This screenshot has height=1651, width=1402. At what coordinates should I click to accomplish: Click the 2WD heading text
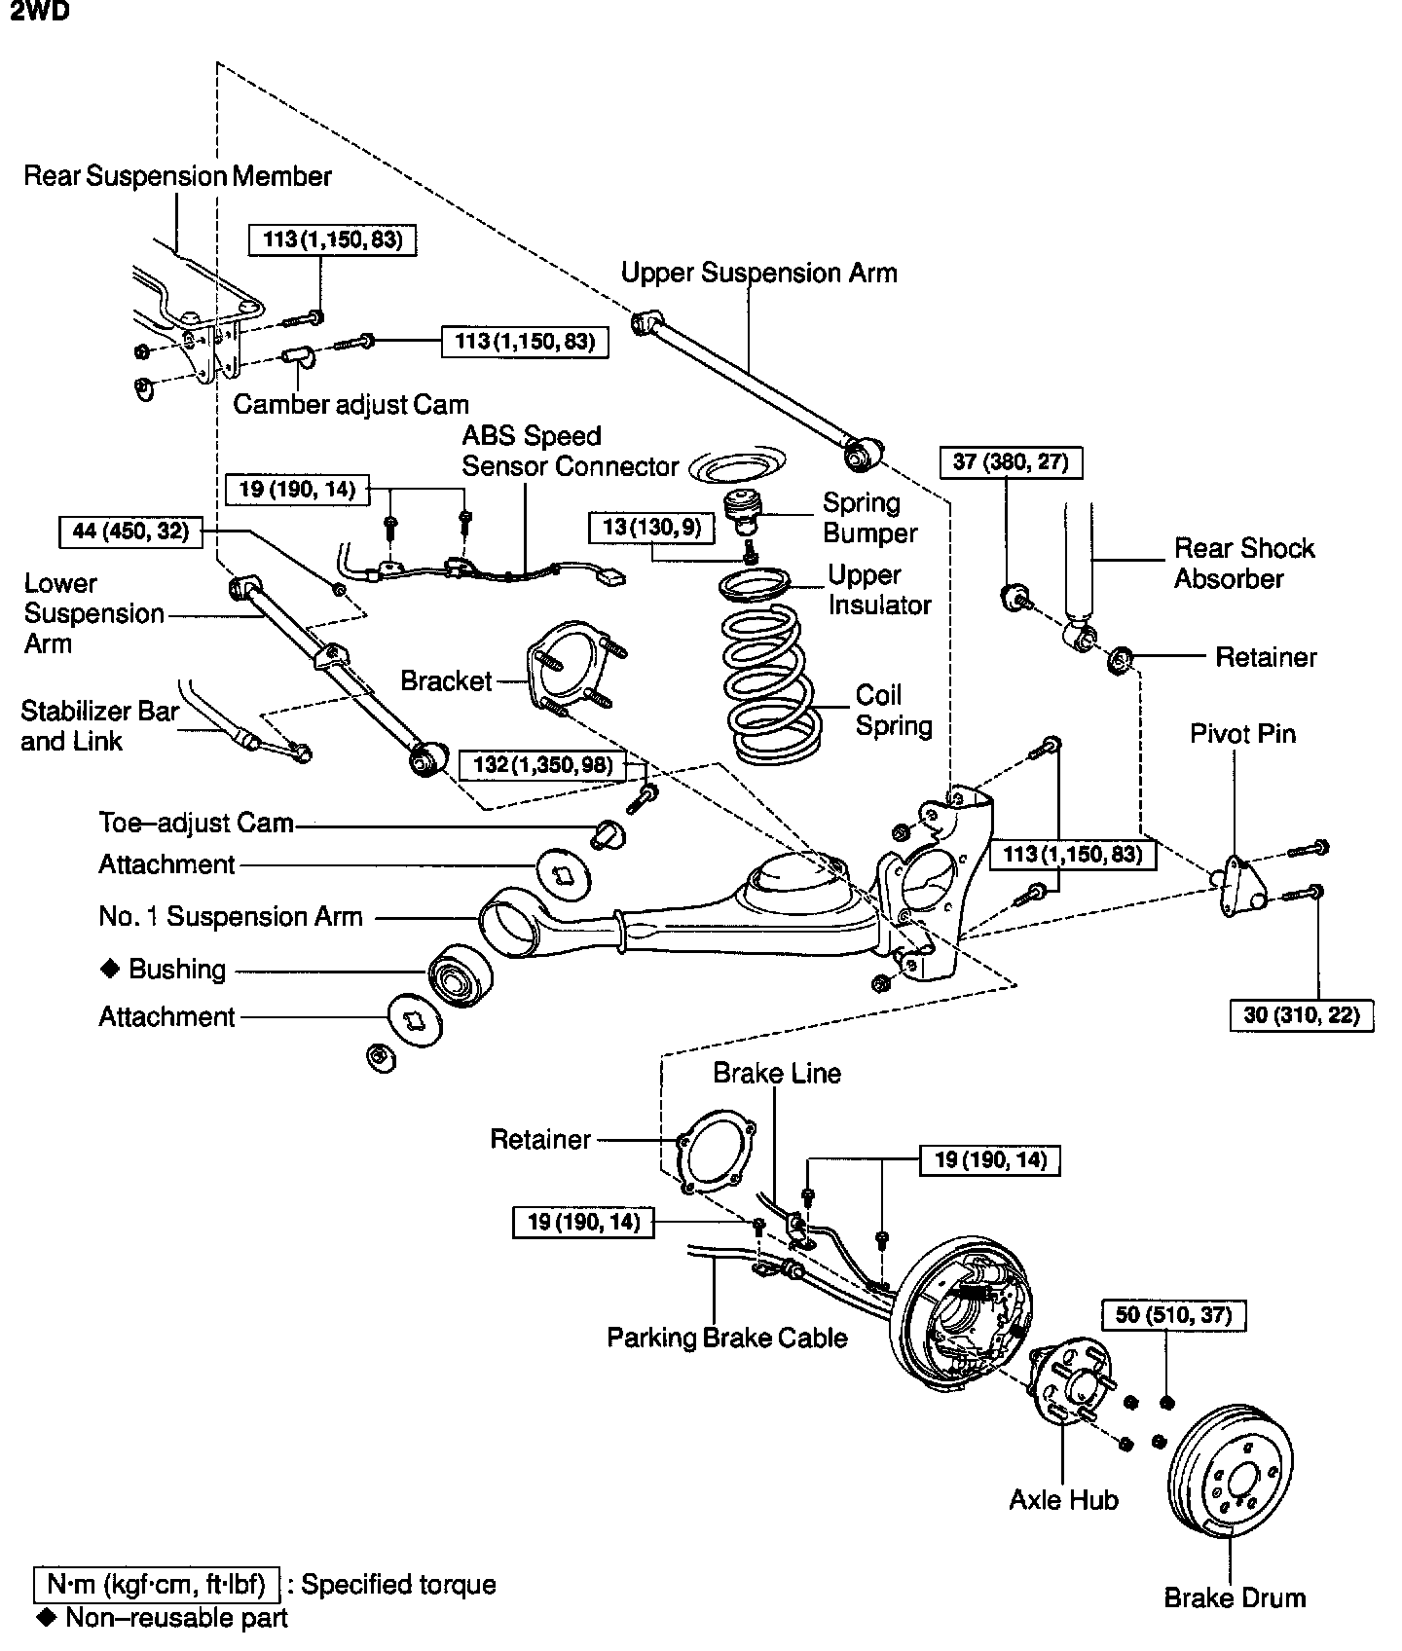pyautogui.click(x=40, y=13)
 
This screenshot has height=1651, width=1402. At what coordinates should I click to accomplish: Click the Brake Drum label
pyautogui.click(x=1235, y=1597)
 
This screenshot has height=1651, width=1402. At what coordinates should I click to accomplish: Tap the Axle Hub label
pyautogui.click(x=1063, y=1500)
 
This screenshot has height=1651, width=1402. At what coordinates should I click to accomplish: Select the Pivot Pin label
pyautogui.click(x=1242, y=733)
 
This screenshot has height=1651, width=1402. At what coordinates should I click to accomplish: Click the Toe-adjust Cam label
pyautogui.click(x=196, y=823)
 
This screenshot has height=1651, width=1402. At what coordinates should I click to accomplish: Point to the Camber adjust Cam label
pyautogui.click(x=350, y=404)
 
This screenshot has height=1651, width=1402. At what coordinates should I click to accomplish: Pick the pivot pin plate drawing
pyautogui.click(x=1237, y=884)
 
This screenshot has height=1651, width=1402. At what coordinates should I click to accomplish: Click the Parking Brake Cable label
pyautogui.click(x=726, y=1338)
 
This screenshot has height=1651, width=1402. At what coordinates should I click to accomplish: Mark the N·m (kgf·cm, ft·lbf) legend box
pyautogui.click(x=157, y=1584)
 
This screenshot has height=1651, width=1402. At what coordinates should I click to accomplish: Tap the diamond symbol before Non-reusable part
pyautogui.click(x=46, y=1617)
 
